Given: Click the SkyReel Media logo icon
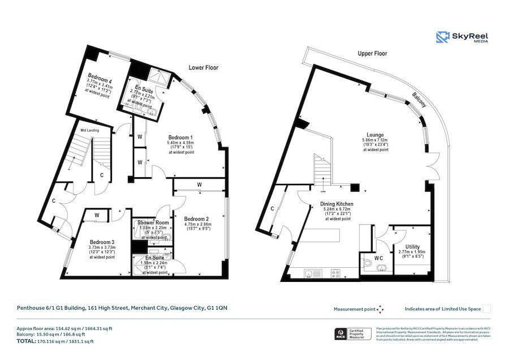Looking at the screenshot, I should coord(442,37).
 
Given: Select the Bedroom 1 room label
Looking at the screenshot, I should coord(180,138).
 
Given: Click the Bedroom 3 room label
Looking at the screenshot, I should coord(102,242).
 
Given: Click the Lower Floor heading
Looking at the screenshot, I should coord(203,67).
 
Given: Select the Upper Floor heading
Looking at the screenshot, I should coord(372,53).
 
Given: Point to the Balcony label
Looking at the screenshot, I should coord(419,100).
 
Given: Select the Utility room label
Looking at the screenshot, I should coord(412,247).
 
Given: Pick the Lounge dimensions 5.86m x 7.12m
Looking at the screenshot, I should coord(376,140).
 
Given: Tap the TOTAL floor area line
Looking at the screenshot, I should coord(55,341).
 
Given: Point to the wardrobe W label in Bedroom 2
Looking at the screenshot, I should coord(200,185).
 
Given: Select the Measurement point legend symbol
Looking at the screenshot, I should coord(380,309).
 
